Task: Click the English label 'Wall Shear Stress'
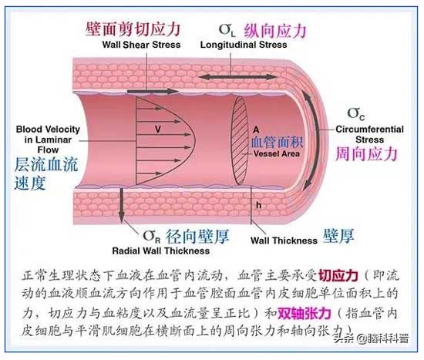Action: click(141, 45)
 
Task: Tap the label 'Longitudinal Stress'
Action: click(244, 45)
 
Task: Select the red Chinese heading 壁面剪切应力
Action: click(133, 29)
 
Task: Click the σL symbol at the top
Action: click(227, 30)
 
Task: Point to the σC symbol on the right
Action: click(356, 113)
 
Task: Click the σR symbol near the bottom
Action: click(152, 237)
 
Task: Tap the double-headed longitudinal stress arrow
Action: click(237, 77)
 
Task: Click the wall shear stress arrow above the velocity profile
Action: click(153, 92)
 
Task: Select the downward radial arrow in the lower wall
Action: click(121, 205)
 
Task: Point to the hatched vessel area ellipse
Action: click(239, 141)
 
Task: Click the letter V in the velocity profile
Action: click(158, 130)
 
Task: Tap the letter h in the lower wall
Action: click(259, 205)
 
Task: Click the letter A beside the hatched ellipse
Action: click(256, 130)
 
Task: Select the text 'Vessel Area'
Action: click(277, 154)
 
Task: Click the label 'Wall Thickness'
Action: click(284, 241)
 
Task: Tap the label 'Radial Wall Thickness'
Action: click(161, 251)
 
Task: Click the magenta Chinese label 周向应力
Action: click(367, 154)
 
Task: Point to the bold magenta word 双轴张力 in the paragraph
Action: click(305, 314)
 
